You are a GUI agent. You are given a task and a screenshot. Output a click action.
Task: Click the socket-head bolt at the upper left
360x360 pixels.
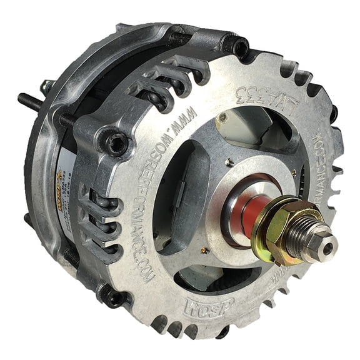pyautogui.click(x=117, y=143)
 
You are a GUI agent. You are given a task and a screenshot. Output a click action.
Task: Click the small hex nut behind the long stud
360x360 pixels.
pyautogui.click(x=47, y=87)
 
